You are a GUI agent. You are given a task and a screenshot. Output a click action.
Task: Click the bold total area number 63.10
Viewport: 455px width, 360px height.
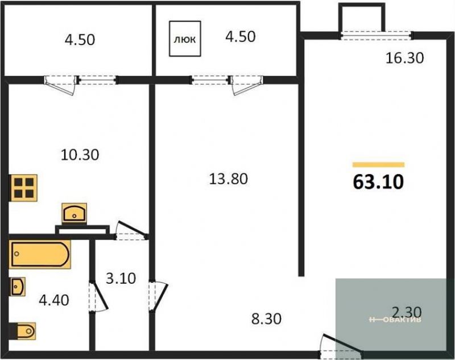click(x=378, y=182)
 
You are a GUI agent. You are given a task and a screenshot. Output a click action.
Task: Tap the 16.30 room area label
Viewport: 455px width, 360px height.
click(x=404, y=58)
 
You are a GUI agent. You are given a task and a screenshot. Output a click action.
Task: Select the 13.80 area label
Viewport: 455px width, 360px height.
click(x=229, y=179)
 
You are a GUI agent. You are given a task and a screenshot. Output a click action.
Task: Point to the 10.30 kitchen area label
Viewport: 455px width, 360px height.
click(x=80, y=155)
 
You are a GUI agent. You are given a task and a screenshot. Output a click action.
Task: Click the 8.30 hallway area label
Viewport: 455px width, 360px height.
click(x=266, y=319)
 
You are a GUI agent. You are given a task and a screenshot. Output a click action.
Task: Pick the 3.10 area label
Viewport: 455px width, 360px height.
click(x=121, y=279)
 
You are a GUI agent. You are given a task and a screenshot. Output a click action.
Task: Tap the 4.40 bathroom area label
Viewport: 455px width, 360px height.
click(x=54, y=300)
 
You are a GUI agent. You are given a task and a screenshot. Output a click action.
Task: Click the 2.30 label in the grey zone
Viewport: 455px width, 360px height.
click(x=407, y=312)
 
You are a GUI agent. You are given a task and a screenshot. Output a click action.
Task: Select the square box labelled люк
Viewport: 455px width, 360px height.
click(x=185, y=39)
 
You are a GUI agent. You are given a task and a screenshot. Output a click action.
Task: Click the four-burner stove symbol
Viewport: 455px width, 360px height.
click(x=24, y=188)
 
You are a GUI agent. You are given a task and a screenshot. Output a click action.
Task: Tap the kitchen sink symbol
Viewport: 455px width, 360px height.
click(x=75, y=213)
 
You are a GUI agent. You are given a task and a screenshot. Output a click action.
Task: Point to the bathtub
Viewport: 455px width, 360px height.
click(x=40, y=254)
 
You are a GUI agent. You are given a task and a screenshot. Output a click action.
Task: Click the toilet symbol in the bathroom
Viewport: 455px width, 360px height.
click(x=24, y=331)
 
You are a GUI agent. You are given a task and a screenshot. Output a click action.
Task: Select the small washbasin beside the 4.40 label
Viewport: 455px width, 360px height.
click(x=18, y=286)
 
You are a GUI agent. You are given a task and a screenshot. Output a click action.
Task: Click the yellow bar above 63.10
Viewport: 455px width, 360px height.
click(x=378, y=165)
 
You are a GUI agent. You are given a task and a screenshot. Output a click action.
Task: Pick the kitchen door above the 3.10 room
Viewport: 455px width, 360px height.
click(x=130, y=231)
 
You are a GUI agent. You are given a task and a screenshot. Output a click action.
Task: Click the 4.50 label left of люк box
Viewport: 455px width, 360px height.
click(x=80, y=40)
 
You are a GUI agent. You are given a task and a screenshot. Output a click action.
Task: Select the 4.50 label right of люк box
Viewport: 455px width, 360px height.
click(x=240, y=37)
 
